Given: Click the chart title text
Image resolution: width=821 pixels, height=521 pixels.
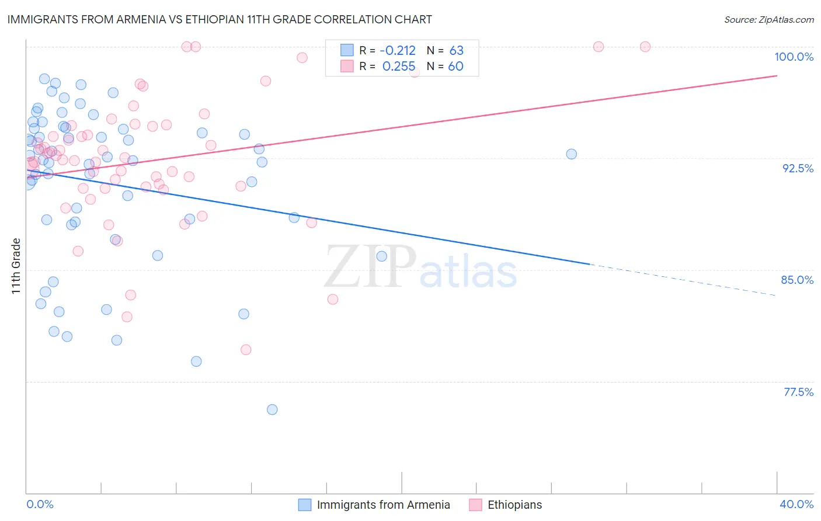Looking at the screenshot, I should (x=220, y=19).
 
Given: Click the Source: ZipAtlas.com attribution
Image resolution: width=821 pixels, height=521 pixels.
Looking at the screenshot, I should (x=768, y=20).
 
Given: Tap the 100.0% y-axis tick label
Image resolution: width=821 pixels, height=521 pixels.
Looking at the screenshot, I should (x=794, y=57).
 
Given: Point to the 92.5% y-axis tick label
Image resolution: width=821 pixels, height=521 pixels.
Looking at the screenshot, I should (x=798, y=168).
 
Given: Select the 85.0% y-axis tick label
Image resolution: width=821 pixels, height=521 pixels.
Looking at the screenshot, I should (x=797, y=280).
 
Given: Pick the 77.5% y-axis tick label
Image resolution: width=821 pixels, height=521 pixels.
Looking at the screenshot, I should (x=798, y=392).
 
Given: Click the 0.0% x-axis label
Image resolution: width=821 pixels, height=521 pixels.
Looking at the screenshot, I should (x=40, y=504).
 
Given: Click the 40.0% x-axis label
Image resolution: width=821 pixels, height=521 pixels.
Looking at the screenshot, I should (x=796, y=504).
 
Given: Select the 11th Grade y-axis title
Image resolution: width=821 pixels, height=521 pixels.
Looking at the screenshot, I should (x=16, y=266).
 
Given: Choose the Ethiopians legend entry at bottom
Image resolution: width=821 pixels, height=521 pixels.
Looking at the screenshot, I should (x=514, y=505).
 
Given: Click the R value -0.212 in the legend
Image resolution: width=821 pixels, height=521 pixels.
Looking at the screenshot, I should (x=397, y=51).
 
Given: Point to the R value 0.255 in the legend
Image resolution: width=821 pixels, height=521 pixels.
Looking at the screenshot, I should (x=399, y=67).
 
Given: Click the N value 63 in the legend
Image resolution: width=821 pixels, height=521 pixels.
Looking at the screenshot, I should (x=456, y=51).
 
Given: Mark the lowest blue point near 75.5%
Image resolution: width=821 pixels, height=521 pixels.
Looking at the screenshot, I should (x=272, y=409).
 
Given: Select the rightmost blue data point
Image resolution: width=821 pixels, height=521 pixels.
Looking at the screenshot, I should (x=571, y=154).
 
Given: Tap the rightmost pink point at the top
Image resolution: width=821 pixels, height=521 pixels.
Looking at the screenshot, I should (x=645, y=47).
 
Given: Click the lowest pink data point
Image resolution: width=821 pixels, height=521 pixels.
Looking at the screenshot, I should (x=246, y=350).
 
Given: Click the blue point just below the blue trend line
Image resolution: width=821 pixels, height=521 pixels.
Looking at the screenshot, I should (x=294, y=217).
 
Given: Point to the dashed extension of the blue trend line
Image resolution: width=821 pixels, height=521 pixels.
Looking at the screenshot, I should (x=683, y=280).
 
